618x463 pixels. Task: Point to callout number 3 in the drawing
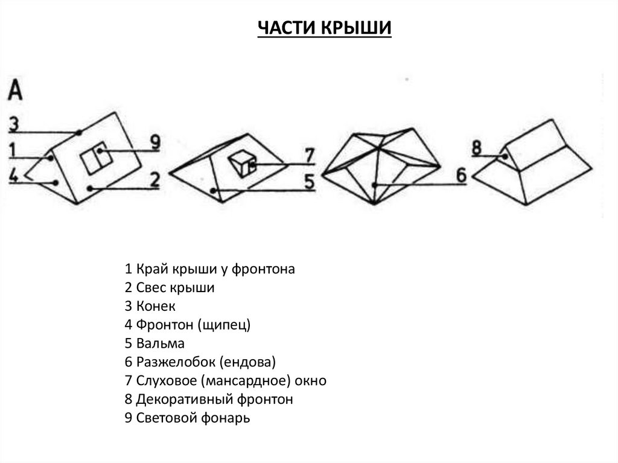click(x=14, y=125)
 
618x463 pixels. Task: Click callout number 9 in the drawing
click(x=155, y=144)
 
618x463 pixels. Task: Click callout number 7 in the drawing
click(x=309, y=156)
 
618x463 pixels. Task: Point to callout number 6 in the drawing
click(x=461, y=176)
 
